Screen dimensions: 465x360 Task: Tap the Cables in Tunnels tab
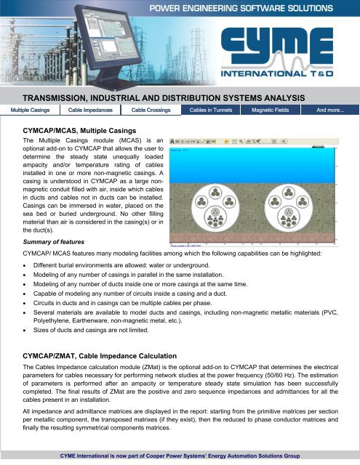[214, 110]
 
